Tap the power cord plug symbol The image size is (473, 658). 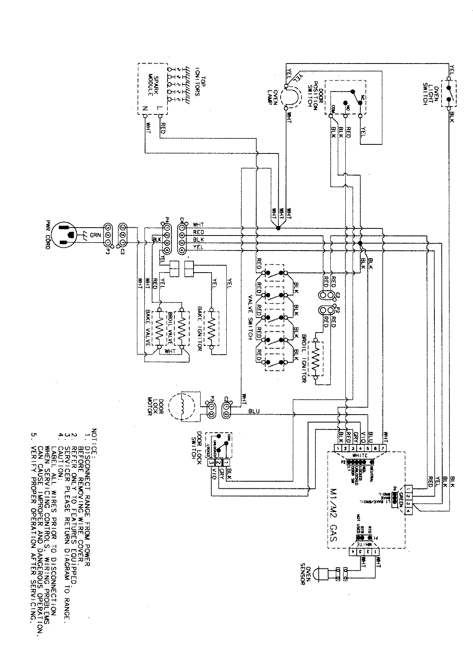pyautogui.click(x=65, y=235)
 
